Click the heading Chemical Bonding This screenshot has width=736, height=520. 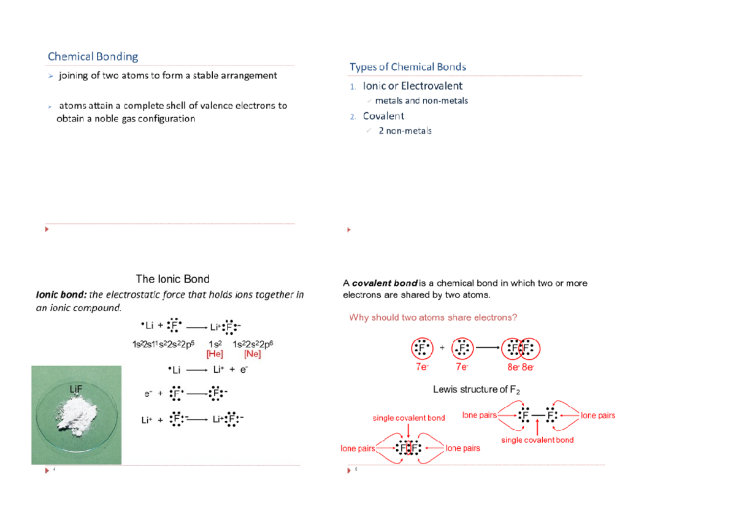(93, 57)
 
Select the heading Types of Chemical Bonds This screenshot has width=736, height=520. (408, 67)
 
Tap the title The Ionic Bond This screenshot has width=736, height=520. (172, 278)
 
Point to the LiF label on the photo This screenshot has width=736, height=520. (75, 388)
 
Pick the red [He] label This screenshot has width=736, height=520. (215, 354)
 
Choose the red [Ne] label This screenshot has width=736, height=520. (253, 354)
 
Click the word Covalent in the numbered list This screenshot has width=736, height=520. (383, 116)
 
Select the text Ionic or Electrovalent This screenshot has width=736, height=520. (413, 86)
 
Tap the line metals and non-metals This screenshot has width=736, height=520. (421, 101)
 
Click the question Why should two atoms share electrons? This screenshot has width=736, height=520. (433, 317)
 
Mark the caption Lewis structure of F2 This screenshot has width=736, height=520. (477, 389)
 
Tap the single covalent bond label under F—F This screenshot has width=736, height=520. (537, 440)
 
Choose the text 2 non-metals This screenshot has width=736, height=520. (405, 131)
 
